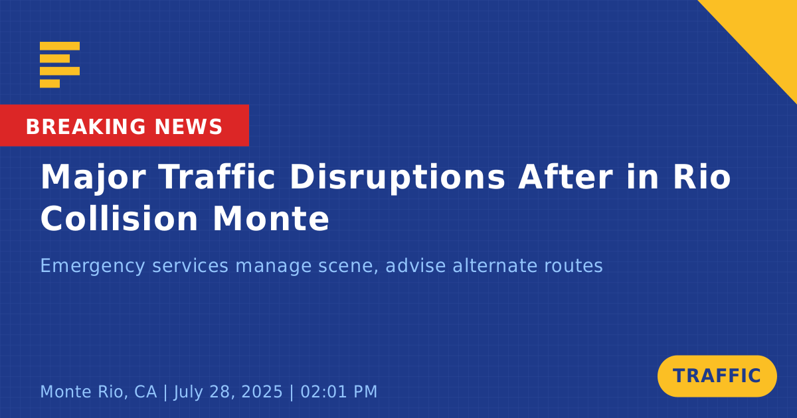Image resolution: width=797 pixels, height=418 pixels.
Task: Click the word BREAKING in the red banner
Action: (86, 127)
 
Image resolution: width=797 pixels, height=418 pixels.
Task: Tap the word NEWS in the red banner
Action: (189, 127)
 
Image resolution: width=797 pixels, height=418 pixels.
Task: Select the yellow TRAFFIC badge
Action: (717, 376)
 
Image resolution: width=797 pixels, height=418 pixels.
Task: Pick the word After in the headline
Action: (565, 176)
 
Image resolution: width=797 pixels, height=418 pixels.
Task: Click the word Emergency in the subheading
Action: (93, 267)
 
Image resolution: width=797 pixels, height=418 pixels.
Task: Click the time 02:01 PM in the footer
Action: (339, 392)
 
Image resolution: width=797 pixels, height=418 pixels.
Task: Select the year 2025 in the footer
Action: (262, 392)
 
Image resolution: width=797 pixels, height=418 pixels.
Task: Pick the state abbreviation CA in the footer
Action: (145, 392)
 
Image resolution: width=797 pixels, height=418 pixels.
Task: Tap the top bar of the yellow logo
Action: (60, 46)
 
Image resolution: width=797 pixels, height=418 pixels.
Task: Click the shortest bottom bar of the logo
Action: (50, 84)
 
